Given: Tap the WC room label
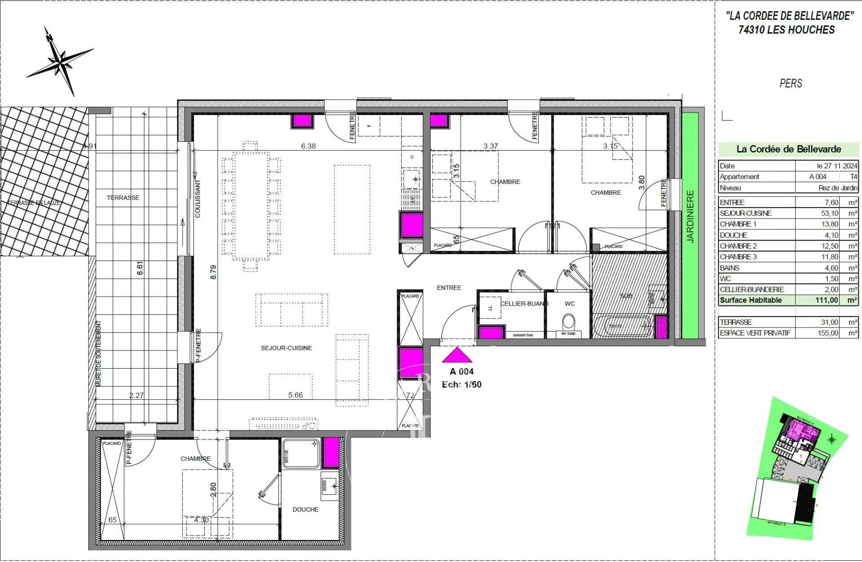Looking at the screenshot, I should coord(570,304).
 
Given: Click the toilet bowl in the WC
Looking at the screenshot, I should coord(568,322).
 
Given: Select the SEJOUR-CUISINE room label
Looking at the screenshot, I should coord(286,348).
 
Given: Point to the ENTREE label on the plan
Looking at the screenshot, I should coord(449,288).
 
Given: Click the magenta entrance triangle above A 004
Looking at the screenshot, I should coord(457,355).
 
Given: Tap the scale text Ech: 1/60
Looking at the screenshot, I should coord(462,384).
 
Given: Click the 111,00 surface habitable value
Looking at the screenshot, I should coord(827,301).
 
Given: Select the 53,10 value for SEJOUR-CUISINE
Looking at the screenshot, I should coord(828,213).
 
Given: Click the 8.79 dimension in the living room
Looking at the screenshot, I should coord(213,272).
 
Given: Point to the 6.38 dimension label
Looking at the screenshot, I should coord(308,146).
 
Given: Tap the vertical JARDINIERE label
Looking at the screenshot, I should coord(690,217).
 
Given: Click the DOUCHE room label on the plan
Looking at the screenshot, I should coord(305,510).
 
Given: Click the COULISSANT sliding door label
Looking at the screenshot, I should coord(198,199).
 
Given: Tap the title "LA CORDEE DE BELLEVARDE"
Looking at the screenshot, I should coord(790,16).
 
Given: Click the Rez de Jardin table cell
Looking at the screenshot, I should coord(837,188).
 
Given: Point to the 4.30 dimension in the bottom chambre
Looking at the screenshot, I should coord(201,520).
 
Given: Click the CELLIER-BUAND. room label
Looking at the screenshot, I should coord(524,304).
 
